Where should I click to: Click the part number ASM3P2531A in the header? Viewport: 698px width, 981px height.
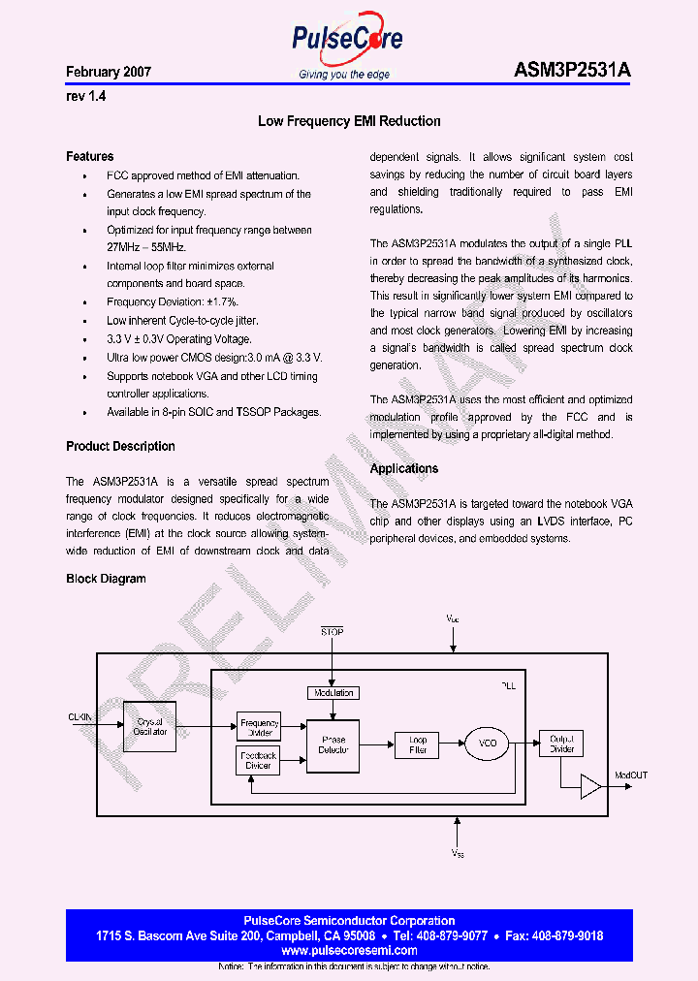pyautogui.click(x=572, y=72)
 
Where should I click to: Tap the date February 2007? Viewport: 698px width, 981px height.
pyautogui.click(x=109, y=73)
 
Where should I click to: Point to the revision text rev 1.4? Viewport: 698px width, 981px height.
pyautogui.click(x=85, y=97)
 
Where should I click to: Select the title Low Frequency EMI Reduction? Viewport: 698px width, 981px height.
pyautogui.click(x=349, y=122)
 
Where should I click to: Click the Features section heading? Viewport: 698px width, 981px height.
pyautogui.click(x=89, y=156)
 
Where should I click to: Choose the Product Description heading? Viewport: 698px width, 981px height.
pyautogui.click(x=120, y=447)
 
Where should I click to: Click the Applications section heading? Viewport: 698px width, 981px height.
pyautogui.click(x=404, y=469)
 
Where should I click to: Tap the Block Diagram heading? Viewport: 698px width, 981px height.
pyautogui.click(x=106, y=579)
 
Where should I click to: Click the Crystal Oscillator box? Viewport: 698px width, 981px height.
pyautogui.click(x=150, y=727)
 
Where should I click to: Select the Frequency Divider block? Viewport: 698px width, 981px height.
pyautogui.click(x=259, y=727)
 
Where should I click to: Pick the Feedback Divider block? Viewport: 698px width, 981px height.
pyautogui.click(x=259, y=761)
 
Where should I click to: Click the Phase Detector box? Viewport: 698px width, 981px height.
pyautogui.click(x=333, y=744)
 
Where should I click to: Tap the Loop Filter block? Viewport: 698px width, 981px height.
pyautogui.click(x=417, y=744)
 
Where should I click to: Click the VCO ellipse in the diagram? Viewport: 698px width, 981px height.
pyautogui.click(x=488, y=744)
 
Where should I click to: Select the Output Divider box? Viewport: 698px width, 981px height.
pyautogui.click(x=561, y=744)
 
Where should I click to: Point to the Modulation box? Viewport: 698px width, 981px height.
pyautogui.click(x=333, y=693)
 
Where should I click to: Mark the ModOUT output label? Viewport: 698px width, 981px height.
pyautogui.click(x=631, y=775)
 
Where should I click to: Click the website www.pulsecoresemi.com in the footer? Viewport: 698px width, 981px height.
pyautogui.click(x=349, y=951)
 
